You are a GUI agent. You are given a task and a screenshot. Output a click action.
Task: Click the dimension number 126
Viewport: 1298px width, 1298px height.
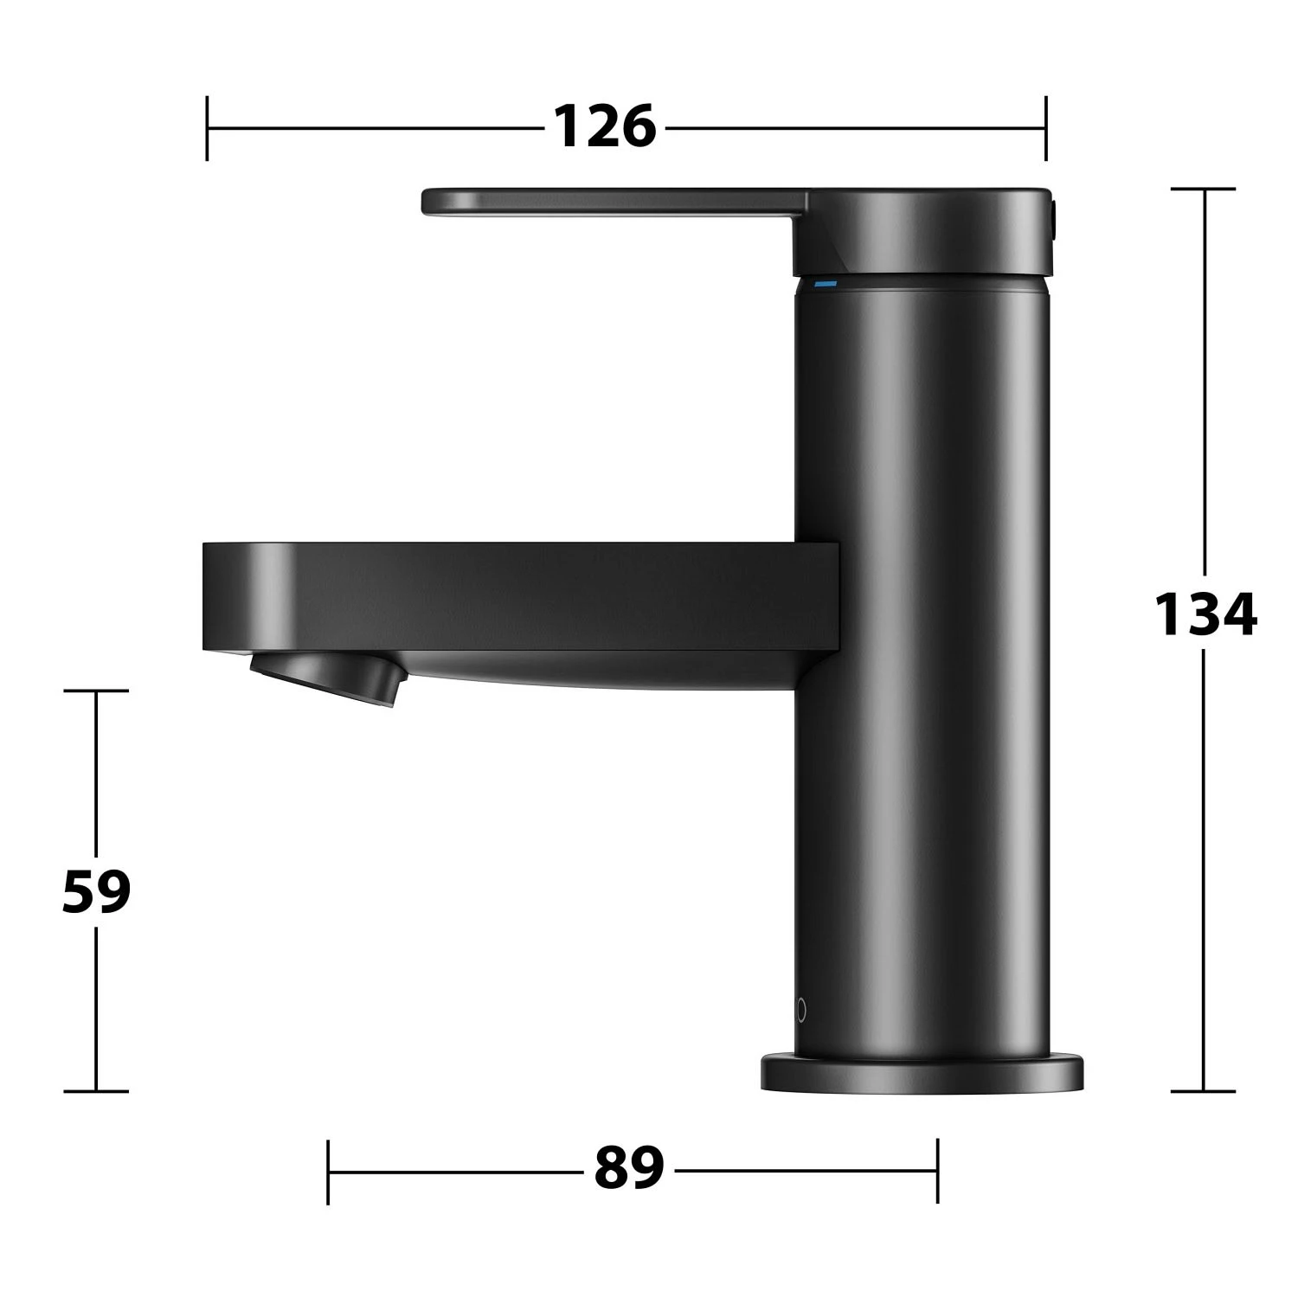click(x=605, y=127)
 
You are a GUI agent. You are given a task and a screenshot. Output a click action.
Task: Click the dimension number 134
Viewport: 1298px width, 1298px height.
click(x=1205, y=614)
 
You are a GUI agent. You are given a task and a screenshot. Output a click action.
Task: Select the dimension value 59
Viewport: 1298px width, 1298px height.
click(x=96, y=891)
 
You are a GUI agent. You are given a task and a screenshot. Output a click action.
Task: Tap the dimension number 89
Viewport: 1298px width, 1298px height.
click(x=629, y=1168)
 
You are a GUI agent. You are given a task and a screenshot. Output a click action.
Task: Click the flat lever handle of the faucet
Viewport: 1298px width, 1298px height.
click(x=606, y=202)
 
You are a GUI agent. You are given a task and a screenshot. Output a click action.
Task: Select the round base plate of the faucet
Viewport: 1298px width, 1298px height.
click(x=922, y=1073)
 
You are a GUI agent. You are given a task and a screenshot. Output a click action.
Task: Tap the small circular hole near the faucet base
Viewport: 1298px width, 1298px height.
click(x=801, y=1010)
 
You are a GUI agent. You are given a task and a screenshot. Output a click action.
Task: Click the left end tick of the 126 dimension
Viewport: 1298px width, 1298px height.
click(x=208, y=128)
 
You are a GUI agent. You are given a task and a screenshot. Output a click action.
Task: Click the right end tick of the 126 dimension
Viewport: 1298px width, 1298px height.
click(x=1045, y=128)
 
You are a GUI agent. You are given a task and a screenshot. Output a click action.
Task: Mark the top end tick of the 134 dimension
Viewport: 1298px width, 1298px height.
click(x=1203, y=189)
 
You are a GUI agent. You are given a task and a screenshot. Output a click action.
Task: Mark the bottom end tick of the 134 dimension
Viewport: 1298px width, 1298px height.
click(x=1203, y=1091)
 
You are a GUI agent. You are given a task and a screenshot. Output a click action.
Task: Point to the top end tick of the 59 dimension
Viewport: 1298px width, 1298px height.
click(x=96, y=691)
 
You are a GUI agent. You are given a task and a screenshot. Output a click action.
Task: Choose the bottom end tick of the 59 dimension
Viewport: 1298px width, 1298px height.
click(x=96, y=1091)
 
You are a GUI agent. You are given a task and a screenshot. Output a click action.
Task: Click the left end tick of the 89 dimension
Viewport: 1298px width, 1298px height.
click(x=329, y=1172)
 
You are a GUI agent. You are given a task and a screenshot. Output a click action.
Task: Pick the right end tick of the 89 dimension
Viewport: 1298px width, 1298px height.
click(x=937, y=1172)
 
